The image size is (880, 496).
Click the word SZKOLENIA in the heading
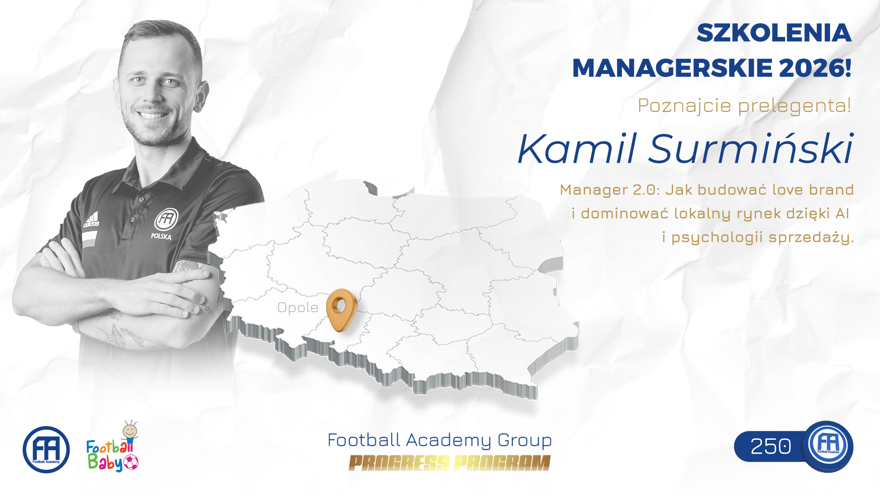pos(774,33)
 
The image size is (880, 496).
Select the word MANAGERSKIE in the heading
pos(672,68)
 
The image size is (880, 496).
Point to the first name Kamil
pos(577,148)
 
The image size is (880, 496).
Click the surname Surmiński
pos(751,148)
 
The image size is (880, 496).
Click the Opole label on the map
pos(298,308)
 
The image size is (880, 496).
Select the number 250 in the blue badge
pos(771,447)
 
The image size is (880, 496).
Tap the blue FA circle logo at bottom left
pos(46,449)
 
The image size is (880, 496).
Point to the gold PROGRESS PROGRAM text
pos(450,463)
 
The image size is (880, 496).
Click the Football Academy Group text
pos(440,440)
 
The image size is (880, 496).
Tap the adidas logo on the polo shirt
pos(92,220)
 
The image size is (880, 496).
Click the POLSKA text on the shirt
pos(161,236)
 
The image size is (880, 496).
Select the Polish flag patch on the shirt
pos(90,239)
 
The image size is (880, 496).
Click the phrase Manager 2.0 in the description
pos(610,190)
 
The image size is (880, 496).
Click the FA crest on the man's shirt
pos(166,219)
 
